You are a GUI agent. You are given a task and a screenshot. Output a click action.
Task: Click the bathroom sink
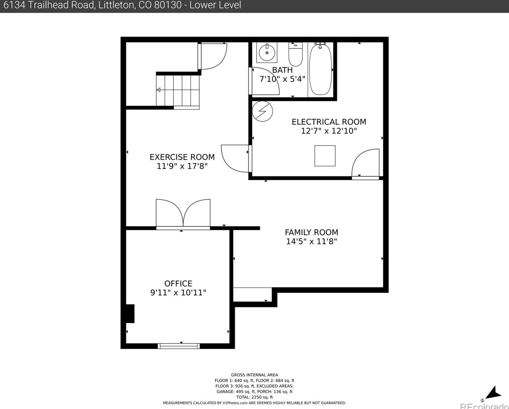tap(267, 53)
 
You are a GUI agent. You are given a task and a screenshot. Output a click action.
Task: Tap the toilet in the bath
tap(295, 55)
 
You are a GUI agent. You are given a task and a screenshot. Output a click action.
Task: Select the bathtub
tap(320, 69)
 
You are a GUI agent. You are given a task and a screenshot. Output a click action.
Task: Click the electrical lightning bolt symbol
tap(262, 111)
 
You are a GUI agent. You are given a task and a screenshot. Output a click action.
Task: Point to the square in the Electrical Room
tap(325, 156)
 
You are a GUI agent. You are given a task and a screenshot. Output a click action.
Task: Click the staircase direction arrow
tap(159, 90)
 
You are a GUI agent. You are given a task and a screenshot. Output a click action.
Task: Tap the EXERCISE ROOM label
tap(182, 157)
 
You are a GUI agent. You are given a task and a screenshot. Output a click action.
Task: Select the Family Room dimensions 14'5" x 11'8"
tap(311, 242)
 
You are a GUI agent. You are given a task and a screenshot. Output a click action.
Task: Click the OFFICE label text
tap(178, 284)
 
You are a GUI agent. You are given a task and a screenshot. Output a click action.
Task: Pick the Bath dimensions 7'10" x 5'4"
tap(282, 79)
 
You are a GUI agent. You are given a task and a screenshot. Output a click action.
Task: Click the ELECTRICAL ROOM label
tap(329, 122)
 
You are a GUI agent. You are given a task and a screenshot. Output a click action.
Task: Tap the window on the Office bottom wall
tap(179, 346)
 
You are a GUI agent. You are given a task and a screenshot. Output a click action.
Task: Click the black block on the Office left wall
tap(130, 313)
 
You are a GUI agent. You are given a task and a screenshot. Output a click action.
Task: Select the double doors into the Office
tap(183, 214)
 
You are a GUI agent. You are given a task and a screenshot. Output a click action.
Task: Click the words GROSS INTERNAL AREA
tap(254, 375)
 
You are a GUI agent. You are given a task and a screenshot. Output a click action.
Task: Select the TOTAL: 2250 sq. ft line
tap(254, 397)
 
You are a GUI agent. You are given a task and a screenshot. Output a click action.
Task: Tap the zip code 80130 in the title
tap(168, 5)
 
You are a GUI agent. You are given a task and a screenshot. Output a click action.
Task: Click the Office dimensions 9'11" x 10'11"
tap(178, 293)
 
